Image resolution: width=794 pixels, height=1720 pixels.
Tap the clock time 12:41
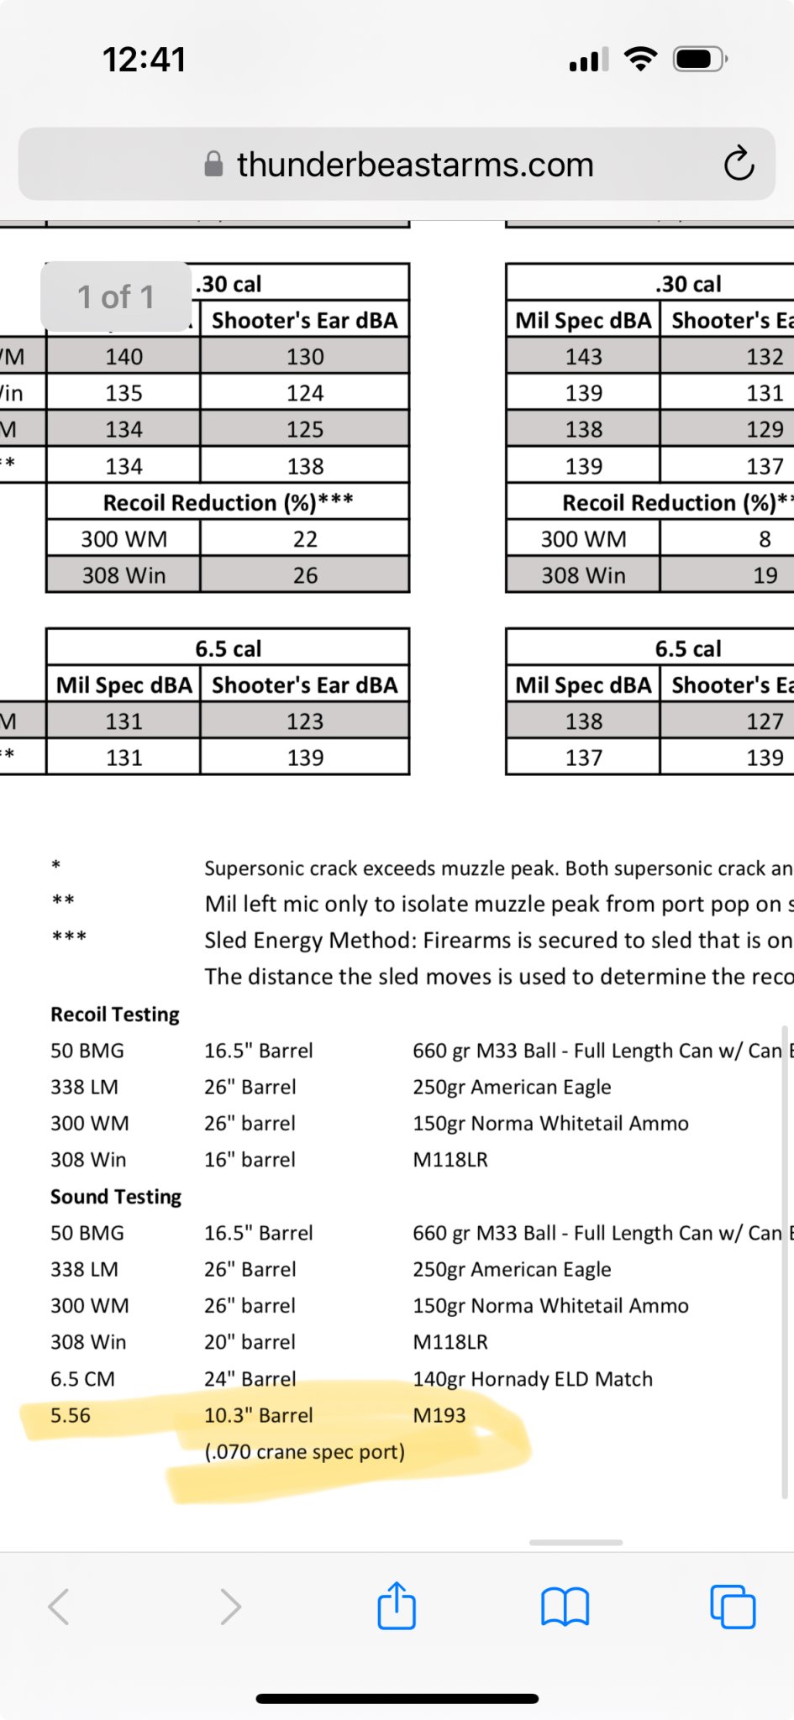coord(144,60)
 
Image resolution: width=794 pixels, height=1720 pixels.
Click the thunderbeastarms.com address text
coord(415,165)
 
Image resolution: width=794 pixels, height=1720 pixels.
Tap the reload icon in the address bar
coord(739,164)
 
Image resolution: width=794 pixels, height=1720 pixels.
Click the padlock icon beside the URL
coord(214,164)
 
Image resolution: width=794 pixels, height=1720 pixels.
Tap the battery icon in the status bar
coord(699,60)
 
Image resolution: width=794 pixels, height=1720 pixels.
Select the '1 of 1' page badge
coord(116,296)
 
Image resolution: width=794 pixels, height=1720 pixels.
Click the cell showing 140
coord(124,357)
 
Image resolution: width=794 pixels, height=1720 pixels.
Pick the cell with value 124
coord(304,393)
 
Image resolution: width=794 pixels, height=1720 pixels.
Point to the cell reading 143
coord(583,357)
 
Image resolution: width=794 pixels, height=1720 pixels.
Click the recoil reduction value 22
coord(304,539)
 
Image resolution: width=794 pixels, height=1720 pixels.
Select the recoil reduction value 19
coord(765,575)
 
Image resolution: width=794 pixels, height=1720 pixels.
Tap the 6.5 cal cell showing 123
coord(304,721)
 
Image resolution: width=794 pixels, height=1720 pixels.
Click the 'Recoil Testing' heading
coord(115,1015)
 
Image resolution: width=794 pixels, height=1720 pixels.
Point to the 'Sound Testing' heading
coord(116,1197)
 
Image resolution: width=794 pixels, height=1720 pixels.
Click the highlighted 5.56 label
coord(71,1416)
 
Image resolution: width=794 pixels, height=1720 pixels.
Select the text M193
coord(439,1416)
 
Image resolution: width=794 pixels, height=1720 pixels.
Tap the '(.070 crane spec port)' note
coord(304,1452)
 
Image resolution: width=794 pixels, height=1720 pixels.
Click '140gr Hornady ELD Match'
coord(533,1379)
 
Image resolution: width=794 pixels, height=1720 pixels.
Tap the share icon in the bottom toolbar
coord(397,1606)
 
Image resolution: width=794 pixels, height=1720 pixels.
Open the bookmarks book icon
coord(565,1607)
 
